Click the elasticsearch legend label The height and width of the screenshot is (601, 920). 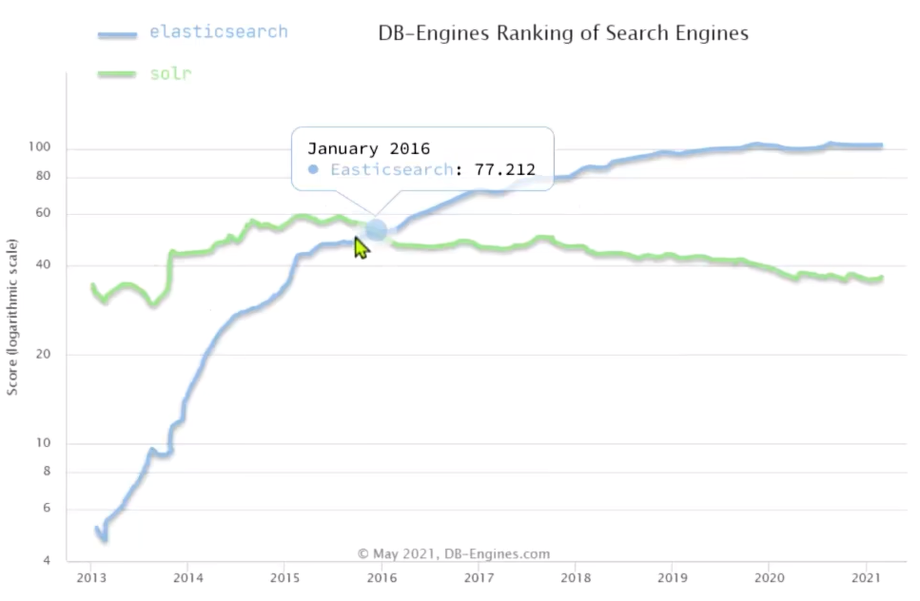(218, 31)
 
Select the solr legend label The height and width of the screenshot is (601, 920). (170, 73)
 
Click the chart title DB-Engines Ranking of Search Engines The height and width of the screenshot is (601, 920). (563, 33)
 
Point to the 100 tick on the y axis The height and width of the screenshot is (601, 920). (51, 148)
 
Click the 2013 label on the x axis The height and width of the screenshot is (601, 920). (91, 577)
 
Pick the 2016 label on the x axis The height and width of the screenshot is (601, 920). (382, 577)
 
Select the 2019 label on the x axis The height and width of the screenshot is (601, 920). (672, 577)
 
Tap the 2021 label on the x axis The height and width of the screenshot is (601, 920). (865, 577)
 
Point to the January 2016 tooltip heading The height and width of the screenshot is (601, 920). (368, 148)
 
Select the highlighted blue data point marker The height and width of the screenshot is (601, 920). (377, 230)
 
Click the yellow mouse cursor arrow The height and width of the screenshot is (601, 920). (362, 247)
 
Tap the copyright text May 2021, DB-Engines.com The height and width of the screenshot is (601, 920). (453, 553)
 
